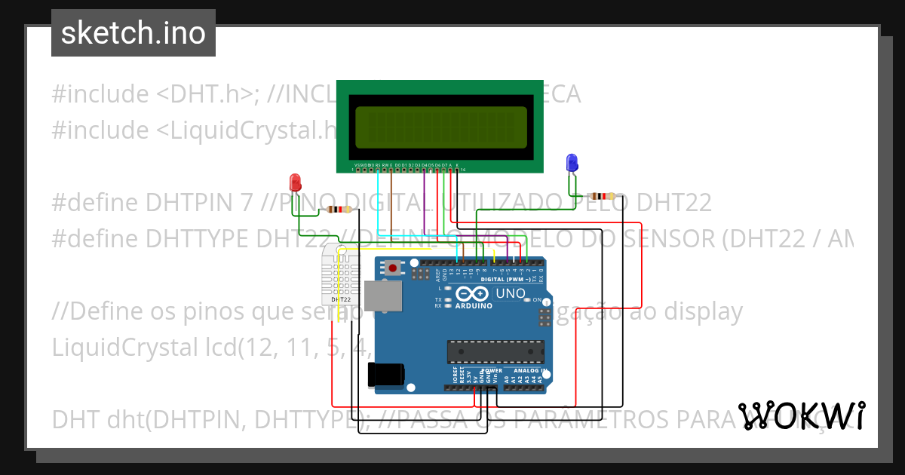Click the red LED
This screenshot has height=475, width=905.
295,182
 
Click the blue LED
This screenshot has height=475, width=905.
572,162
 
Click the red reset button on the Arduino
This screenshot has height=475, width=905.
392,268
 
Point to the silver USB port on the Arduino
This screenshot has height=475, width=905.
383,296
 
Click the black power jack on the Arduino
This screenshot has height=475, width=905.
385,375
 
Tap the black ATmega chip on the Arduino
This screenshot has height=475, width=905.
495,351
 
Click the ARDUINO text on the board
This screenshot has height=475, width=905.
474,306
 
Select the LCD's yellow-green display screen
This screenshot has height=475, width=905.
441,127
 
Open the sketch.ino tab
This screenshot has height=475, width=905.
133,33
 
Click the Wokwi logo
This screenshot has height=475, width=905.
802,415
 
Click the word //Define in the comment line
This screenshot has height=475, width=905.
98,311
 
